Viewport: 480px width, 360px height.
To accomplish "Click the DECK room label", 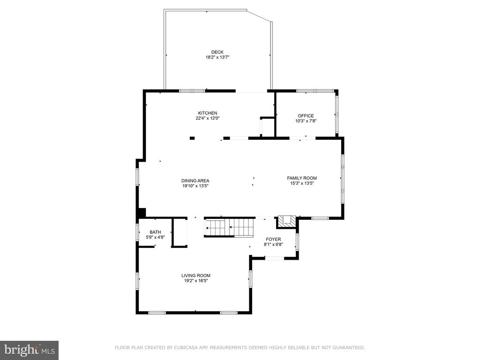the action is click(217, 52).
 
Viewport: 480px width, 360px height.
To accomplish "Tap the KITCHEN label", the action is click(208, 113).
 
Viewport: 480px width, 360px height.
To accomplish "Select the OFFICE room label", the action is click(306, 116).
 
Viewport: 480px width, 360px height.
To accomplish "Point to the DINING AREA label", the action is click(195, 180).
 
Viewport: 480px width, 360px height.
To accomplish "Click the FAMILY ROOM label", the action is click(302, 178).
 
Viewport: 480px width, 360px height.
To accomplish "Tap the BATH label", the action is click(155, 232).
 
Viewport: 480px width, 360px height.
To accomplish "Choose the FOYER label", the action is click(273, 239).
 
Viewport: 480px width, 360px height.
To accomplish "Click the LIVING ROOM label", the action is click(196, 275).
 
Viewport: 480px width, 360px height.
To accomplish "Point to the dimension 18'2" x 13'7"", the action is click(217, 57).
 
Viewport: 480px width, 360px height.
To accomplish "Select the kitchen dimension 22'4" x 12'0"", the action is click(208, 118).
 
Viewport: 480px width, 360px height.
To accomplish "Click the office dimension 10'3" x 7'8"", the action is click(306, 121).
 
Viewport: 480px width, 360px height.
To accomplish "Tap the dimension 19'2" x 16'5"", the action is click(196, 280).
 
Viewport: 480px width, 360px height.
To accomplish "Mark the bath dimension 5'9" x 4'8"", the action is click(155, 237).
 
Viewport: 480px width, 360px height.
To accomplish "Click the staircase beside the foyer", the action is click(229, 228).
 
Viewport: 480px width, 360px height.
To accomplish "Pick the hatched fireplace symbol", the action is click(287, 222).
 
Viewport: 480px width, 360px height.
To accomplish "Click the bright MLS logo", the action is click(30, 350).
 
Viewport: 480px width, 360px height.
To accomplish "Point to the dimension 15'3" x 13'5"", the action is click(302, 183).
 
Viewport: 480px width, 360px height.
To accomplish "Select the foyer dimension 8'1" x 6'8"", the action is click(273, 244).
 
